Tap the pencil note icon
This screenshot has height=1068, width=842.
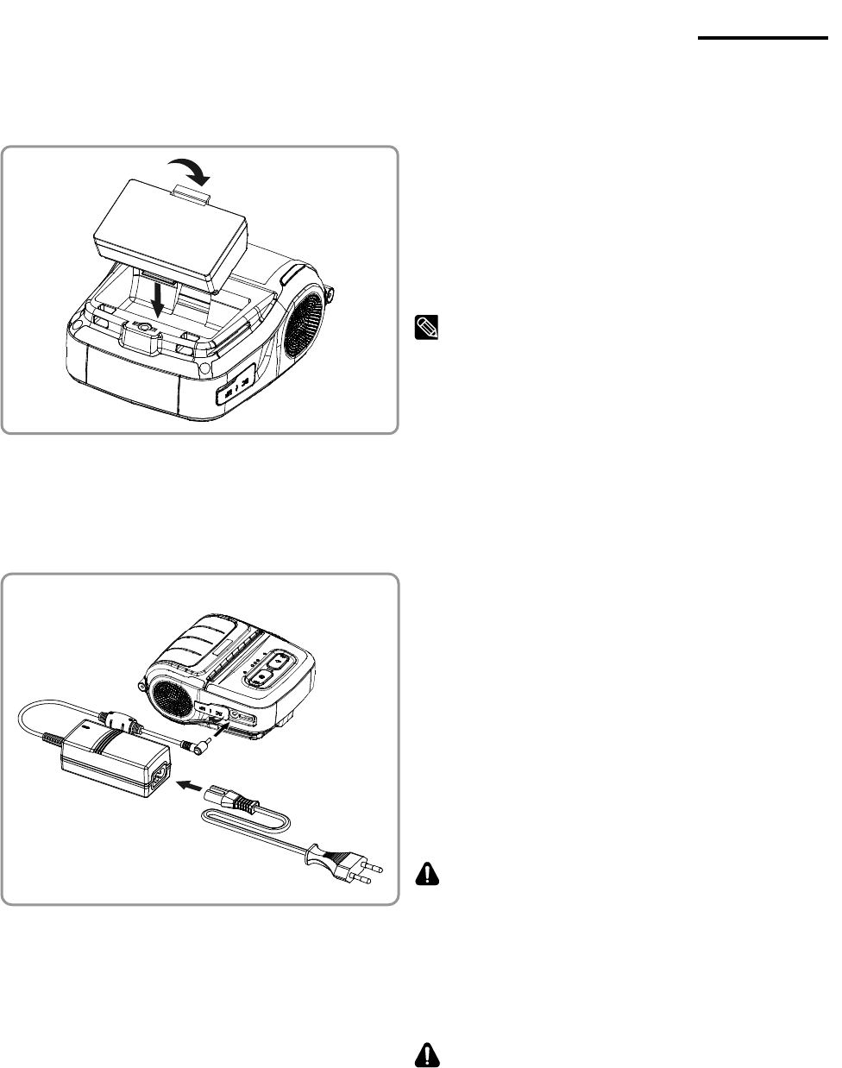click(427, 327)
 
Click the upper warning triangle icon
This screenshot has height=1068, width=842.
click(427, 875)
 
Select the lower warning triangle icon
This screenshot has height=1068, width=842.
click(427, 1054)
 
